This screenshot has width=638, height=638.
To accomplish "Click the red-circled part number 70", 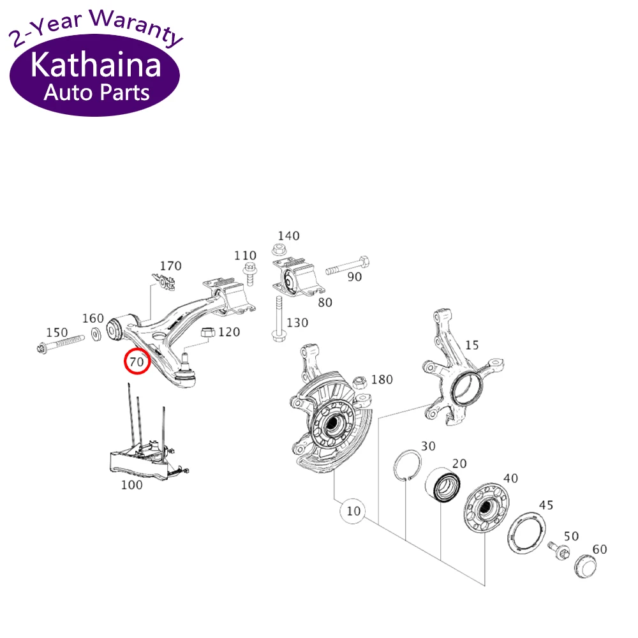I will tap(137, 362).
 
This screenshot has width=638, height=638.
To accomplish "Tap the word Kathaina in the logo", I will tap(96, 66).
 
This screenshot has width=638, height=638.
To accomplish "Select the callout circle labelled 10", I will tap(353, 510).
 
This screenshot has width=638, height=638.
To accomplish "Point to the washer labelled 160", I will tap(96, 334).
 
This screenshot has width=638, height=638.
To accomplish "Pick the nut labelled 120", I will tap(207, 332).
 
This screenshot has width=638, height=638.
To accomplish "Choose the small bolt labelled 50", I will tap(558, 552).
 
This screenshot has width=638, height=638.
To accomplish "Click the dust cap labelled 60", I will tap(585, 566).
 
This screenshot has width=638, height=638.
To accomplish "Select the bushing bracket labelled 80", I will tap(295, 280).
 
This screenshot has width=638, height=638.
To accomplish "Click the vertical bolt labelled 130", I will tap(279, 319).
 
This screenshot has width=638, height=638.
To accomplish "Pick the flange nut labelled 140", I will tap(278, 249).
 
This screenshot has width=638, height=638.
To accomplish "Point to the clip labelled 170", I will tap(165, 281).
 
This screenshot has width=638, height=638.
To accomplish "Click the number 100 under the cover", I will tap(131, 485).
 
